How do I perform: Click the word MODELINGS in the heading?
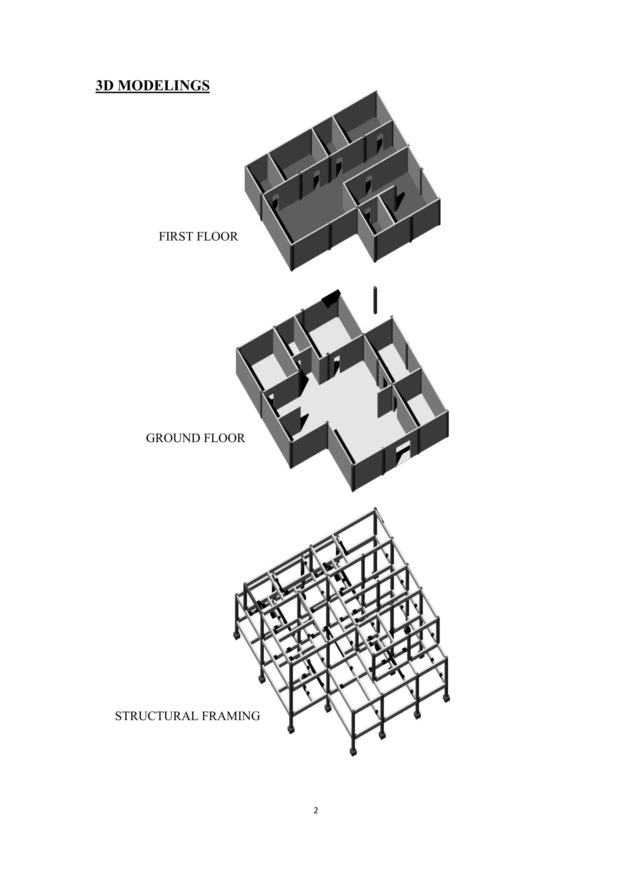click(x=164, y=85)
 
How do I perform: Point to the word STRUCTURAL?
click(x=157, y=716)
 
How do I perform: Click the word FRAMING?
click(x=231, y=716)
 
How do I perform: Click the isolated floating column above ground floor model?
click(x=376, y=299)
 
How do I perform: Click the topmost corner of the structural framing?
click(x=376, y=509)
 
